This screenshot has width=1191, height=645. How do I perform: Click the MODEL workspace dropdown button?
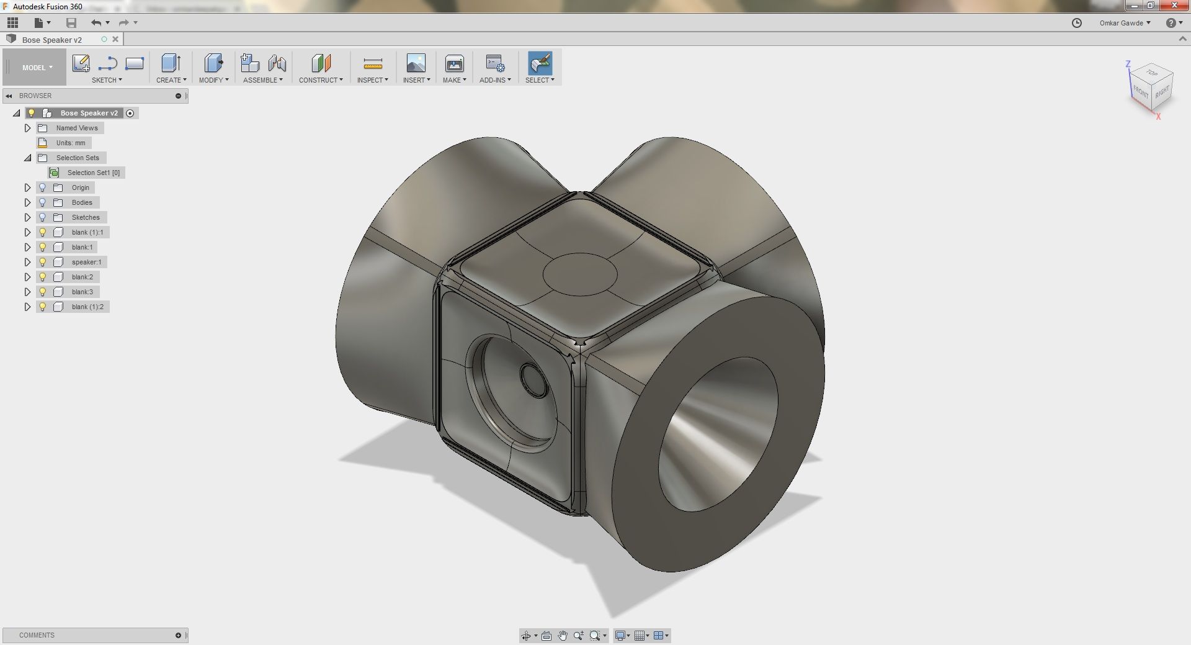[37, 68]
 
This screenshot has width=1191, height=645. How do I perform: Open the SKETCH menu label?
[107, 80]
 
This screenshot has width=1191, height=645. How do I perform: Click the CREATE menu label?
[171, 80]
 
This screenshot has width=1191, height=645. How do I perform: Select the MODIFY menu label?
[213, 80]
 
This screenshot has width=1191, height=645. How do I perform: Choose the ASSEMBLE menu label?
[263, 80]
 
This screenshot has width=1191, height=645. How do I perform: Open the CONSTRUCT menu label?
[321, 80]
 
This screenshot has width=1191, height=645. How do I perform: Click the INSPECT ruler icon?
[373, 64]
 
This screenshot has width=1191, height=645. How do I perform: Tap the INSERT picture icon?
[416, 63]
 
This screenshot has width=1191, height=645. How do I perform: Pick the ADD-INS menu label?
[495, 80]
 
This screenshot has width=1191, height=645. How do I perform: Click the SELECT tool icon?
[540, 63]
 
